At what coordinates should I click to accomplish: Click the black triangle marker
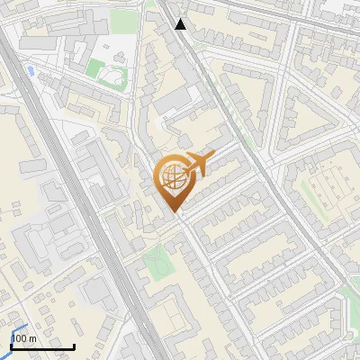coord(181,23)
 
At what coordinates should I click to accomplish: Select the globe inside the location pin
coord(172,177)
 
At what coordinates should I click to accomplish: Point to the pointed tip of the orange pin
coord(174,212)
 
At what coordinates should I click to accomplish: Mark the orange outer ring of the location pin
coord(158,177)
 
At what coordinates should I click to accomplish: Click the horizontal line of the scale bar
coord(42,346)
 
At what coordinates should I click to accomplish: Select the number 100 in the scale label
coord(19,337)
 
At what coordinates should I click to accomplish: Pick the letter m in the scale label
coord(31,338)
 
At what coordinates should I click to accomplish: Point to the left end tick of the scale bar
coord(11,345)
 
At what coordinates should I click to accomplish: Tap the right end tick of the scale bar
coord(74,345)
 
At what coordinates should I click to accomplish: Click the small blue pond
coord(31,69)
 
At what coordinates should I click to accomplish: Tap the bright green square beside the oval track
coord(95,67)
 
